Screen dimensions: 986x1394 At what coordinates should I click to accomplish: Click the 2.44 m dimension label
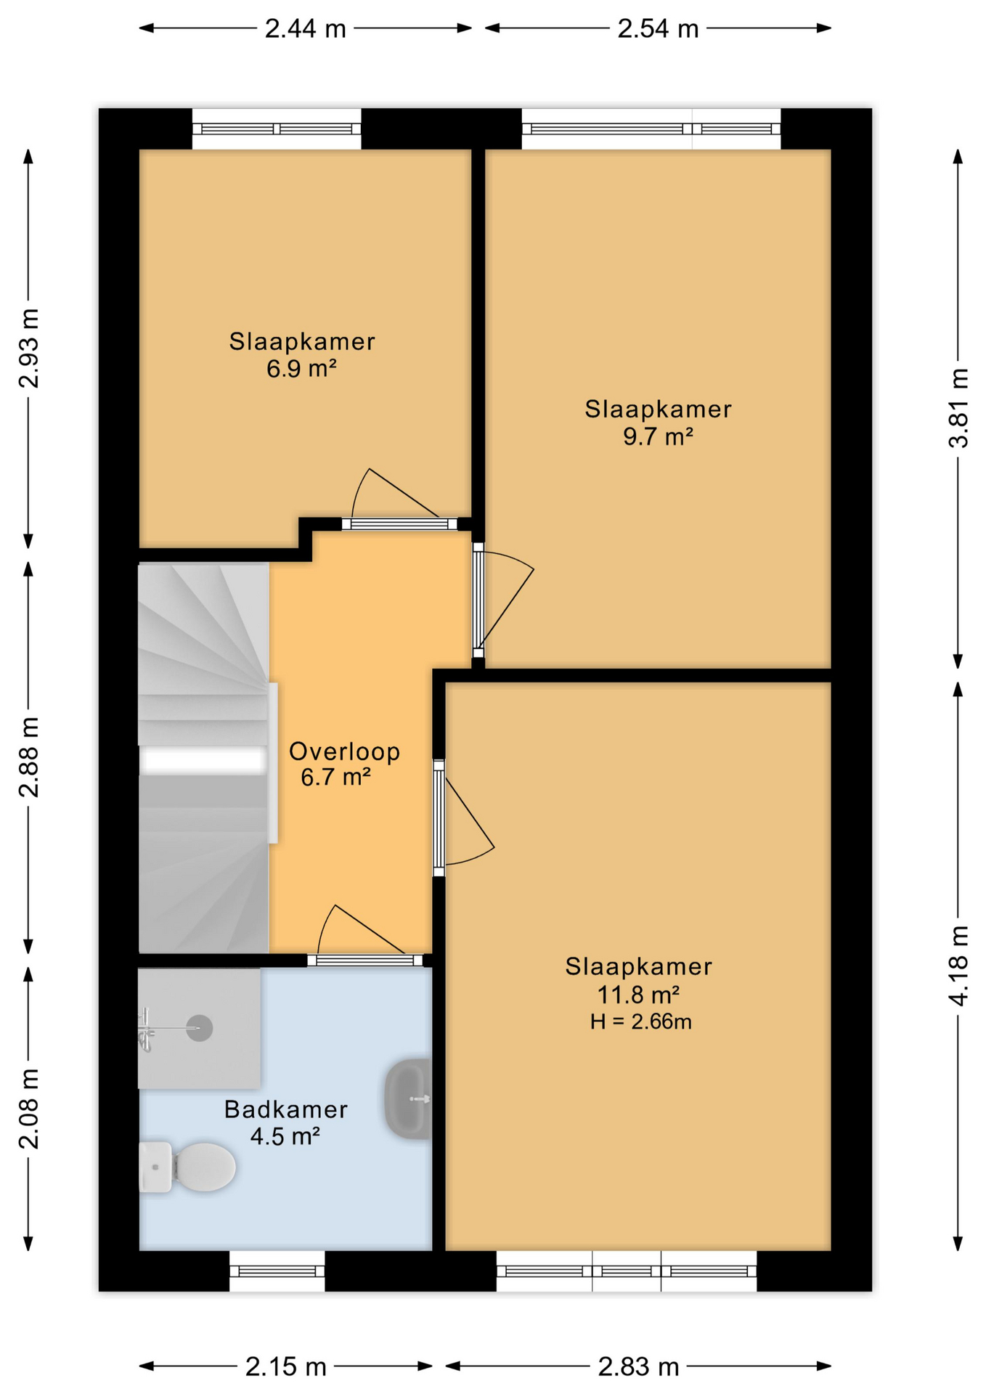(x=305, y=29)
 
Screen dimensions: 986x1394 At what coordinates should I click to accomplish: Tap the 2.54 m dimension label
(x=658, y=29)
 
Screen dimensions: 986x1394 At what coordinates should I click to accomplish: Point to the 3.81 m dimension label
(x=959, y=408)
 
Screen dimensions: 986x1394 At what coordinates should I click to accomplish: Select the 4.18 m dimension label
(x=959, y=966)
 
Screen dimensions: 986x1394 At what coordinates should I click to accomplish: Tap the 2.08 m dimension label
(x=29, y=1109)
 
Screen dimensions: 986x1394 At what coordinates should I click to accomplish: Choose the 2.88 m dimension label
(x=29, y=757)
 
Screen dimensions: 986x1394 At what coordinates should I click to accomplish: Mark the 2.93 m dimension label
(x=29, y=348)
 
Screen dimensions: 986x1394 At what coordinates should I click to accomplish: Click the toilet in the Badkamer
(x=187, y=1167)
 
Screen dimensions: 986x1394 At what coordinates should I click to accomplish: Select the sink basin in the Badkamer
(x=408, y=1099)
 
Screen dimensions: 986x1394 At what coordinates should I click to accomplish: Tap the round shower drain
(x=199, y=1028)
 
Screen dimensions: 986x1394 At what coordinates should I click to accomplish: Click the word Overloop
(x=344, y=751)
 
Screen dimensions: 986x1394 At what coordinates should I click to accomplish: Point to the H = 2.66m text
(x=640, y=1022)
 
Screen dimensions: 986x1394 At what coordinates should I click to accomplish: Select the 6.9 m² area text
(x=301, y=369)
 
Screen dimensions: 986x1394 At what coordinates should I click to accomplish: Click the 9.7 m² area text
(x=658, y=436)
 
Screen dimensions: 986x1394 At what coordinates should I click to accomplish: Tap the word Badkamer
(x=286, y=1109)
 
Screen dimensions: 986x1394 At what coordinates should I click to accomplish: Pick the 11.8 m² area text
(x=638, y=994)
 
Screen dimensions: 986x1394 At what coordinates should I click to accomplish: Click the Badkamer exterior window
(x=277, y=1271)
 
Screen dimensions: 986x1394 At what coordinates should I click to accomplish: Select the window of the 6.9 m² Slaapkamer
(x=277, y=129)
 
